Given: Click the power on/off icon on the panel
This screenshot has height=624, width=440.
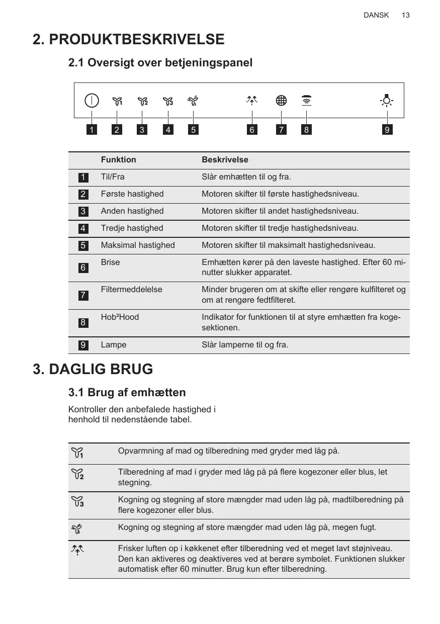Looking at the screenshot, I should (92, 101).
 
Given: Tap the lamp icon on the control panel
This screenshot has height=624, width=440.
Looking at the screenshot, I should (386, 101).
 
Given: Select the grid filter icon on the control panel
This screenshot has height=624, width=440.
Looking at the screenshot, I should (281, 101).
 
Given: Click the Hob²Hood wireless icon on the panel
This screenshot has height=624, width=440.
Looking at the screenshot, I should (306, 101).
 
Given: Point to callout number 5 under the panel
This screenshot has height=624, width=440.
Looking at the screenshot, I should (193, 130).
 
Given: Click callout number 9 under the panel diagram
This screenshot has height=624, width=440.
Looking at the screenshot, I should (386, 130).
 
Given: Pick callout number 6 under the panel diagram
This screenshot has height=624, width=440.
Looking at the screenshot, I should (252, 130).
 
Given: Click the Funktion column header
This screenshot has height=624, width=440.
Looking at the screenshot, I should (118, 160).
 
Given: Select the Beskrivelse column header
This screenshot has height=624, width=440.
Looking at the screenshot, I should (225, 160).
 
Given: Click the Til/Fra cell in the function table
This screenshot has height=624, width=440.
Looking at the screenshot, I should (113, 177).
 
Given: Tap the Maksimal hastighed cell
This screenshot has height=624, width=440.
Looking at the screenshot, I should (138, 245).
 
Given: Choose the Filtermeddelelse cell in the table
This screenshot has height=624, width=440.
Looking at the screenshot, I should (131, 290).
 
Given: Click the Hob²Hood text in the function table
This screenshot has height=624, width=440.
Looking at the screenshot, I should (120, 317).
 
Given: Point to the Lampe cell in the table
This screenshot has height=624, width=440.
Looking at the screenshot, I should (114, 345).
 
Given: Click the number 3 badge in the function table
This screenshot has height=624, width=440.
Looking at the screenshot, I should (83, 211).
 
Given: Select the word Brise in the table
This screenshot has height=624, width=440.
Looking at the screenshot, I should (110, 262).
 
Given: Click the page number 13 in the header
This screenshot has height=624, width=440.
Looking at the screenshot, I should (405, 15).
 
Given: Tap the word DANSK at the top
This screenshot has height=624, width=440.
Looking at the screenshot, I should (376, 15).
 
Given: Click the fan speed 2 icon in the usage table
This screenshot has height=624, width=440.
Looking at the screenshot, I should (77, 474).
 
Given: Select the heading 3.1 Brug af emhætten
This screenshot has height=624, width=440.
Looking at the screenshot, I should (127, 392).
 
